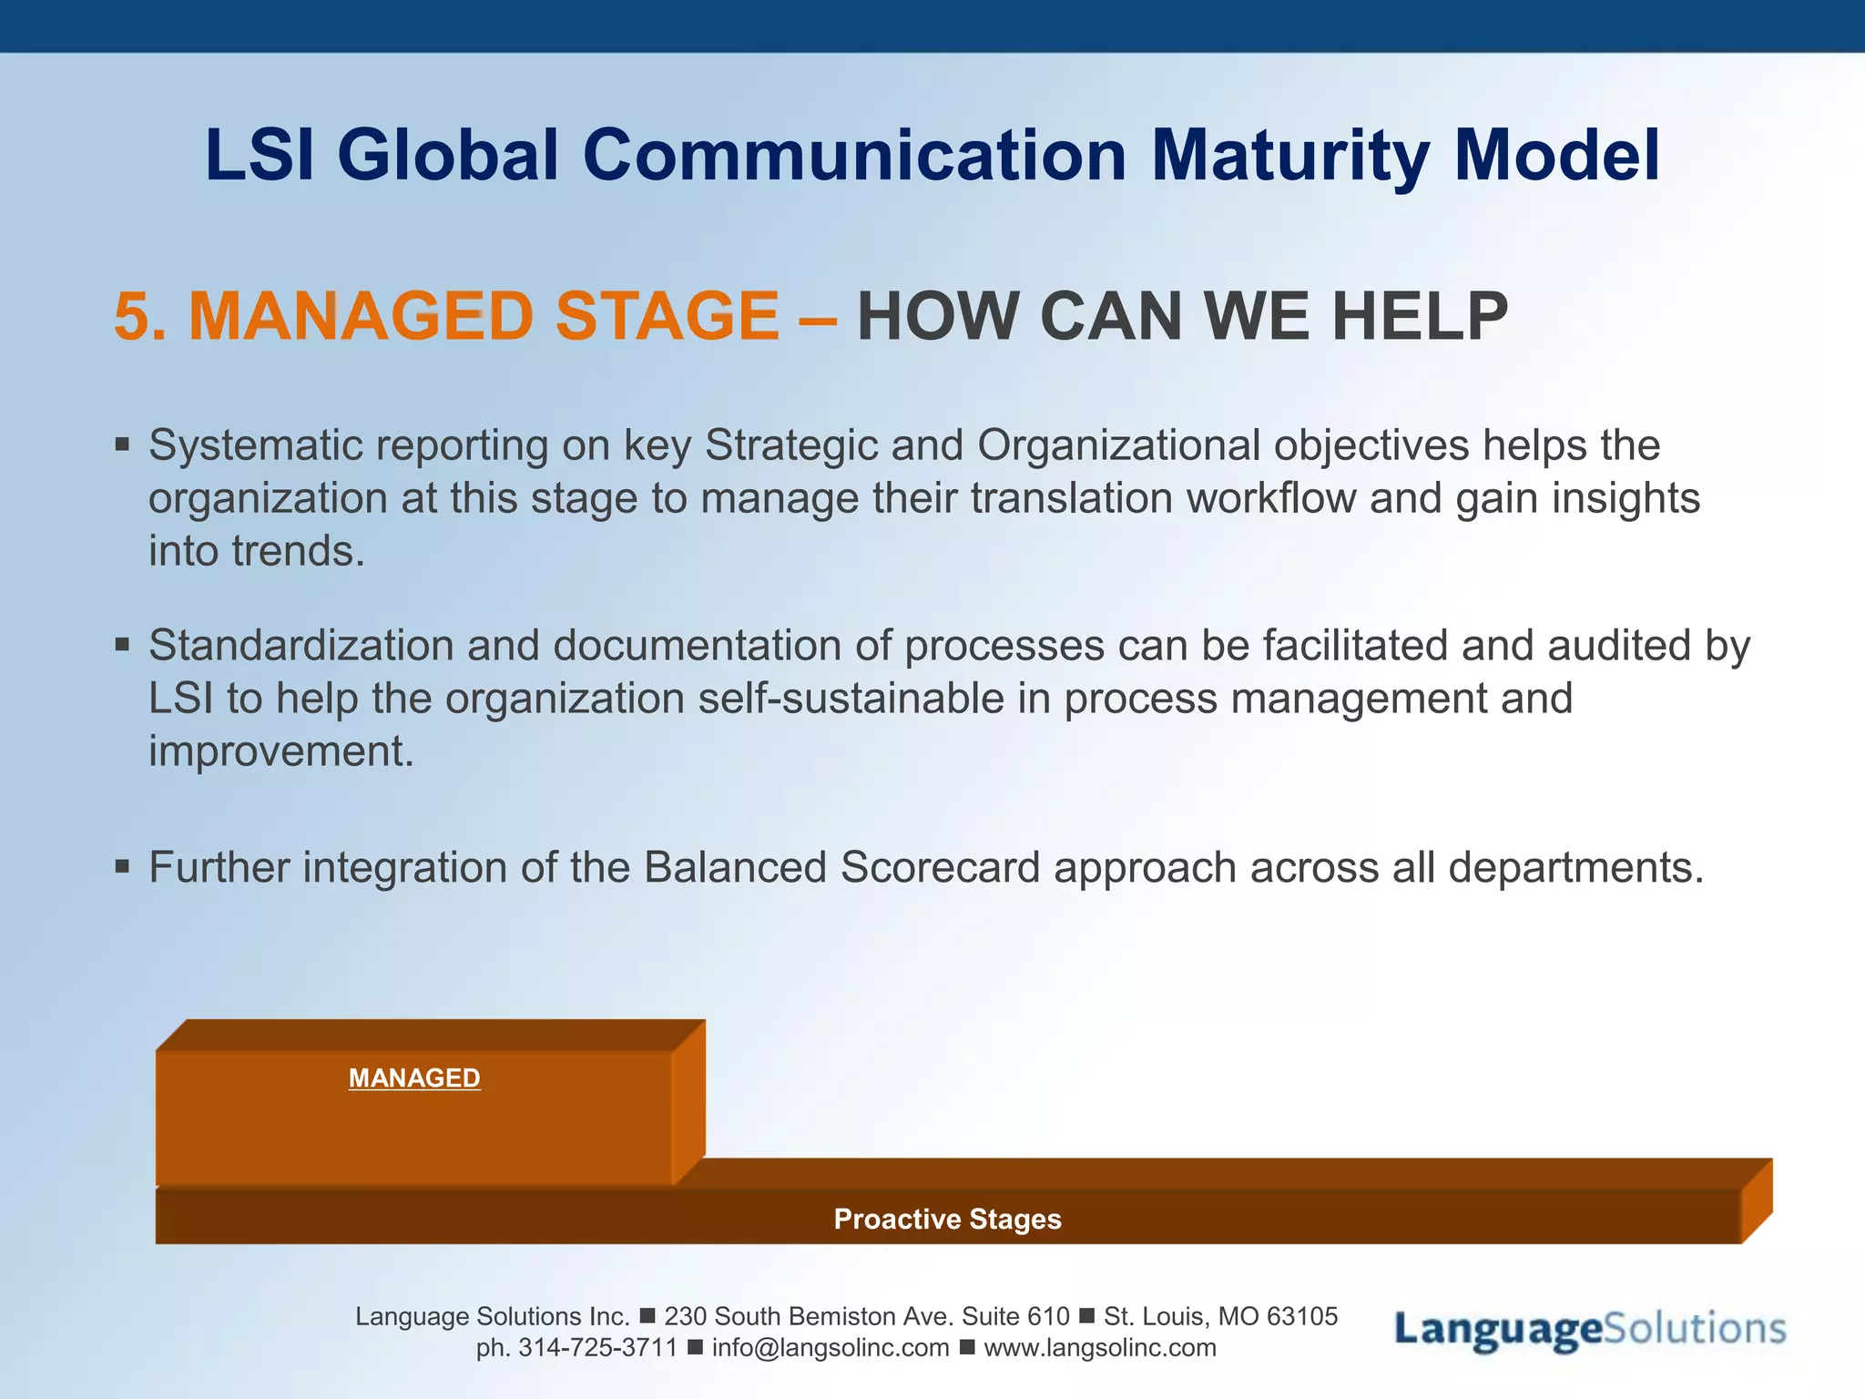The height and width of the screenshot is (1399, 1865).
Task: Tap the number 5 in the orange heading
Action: [132, 317]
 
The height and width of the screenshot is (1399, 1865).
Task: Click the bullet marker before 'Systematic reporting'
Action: [123, 446]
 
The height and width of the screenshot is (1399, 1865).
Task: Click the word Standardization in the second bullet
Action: [301, 646]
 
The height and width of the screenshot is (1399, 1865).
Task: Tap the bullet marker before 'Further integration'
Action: [123, 867]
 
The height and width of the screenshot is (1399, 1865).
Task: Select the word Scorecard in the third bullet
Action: [940, 867]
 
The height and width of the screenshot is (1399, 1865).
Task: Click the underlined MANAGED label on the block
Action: [414, 1078]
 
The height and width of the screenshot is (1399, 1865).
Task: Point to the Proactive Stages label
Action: [947, 1219]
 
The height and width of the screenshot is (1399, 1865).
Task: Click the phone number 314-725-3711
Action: [598, 1348]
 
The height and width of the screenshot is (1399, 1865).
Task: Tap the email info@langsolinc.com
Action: [831, 1348]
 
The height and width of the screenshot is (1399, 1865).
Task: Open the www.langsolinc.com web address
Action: [1100, 1348]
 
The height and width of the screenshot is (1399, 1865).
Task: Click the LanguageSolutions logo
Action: [1590, 1330]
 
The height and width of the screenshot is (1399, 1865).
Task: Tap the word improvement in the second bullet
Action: [280, 752]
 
